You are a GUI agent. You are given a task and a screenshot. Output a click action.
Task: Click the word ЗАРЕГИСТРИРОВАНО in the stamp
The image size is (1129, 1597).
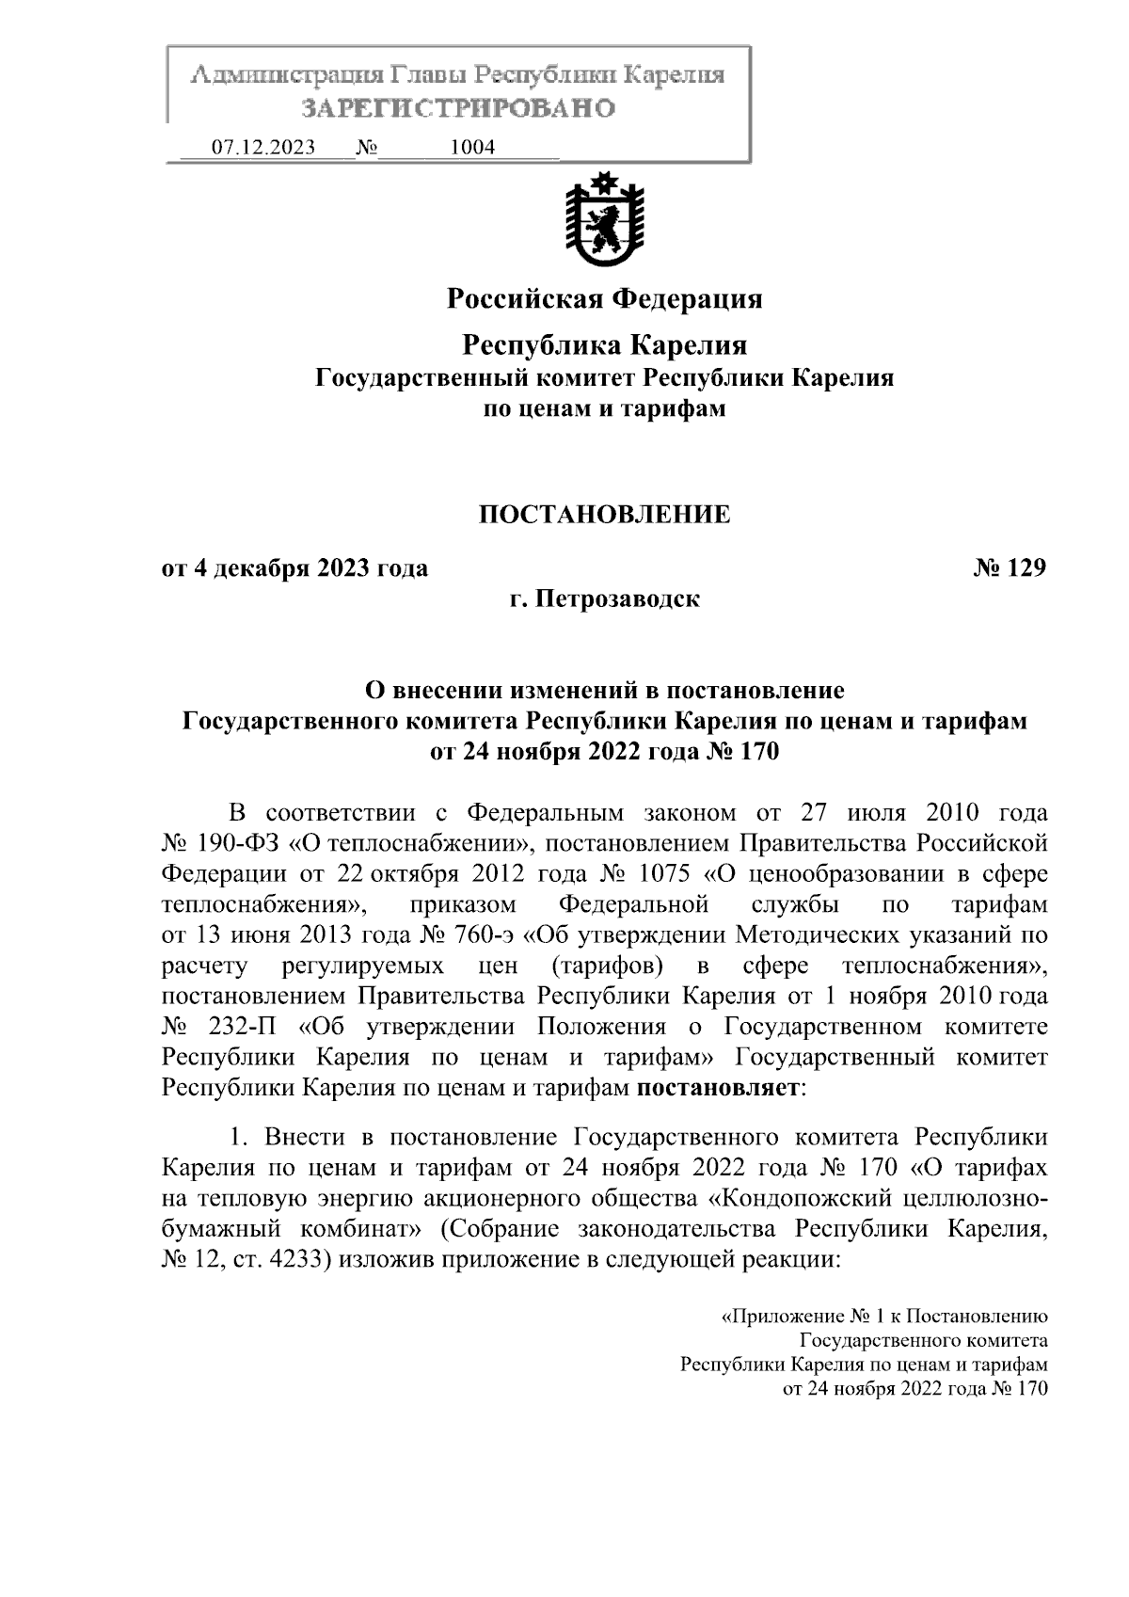coord(458,108)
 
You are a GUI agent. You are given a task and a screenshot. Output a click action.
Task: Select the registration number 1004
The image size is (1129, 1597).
coord(472,148)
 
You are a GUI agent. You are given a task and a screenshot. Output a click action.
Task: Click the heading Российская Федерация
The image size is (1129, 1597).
coord(604,299)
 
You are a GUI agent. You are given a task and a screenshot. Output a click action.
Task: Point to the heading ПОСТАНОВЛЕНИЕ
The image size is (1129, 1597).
coord(604,515)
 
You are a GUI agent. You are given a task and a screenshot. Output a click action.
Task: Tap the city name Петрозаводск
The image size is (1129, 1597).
coord(617,599)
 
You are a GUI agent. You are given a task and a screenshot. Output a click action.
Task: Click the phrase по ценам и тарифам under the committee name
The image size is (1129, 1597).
coord(604,409)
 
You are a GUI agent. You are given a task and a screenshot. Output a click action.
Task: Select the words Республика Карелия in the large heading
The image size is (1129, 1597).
coord(604,345)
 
